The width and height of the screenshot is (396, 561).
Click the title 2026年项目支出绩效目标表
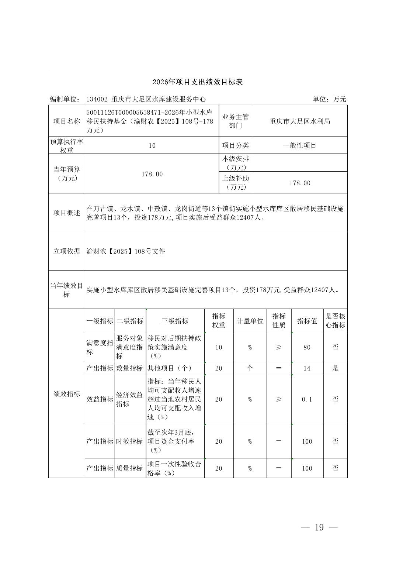198,82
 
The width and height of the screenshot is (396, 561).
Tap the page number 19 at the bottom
319,527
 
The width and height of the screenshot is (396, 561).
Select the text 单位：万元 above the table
329,99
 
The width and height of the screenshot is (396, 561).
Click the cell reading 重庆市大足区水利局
300,121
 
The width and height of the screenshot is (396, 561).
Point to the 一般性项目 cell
300,145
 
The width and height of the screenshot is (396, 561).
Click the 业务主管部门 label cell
235,121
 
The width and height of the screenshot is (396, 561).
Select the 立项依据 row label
67,251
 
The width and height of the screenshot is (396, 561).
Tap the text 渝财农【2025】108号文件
126,251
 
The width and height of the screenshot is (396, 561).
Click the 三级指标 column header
175,321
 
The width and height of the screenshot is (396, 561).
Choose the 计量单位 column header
250,321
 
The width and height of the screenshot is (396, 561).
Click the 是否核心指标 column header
335,321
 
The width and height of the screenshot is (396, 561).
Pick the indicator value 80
307,347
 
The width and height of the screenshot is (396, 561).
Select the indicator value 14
307,368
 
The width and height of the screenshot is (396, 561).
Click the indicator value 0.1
307,399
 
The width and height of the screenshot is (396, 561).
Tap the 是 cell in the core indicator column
335,368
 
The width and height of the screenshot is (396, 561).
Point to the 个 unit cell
250,368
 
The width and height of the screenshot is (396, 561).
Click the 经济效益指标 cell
129,399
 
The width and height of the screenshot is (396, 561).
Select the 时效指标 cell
129,441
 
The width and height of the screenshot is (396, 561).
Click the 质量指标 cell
129,468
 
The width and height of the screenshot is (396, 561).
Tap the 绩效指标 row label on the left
67,394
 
